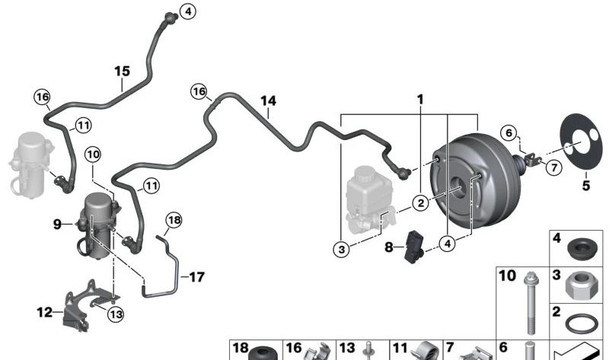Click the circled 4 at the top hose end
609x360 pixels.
[x=188, y=11]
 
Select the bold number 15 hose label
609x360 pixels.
[x=122, y=71]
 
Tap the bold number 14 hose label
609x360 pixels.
[x=268, y=101]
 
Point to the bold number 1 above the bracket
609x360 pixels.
[x=420, y=100]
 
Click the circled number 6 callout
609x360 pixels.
[x=509, y=133]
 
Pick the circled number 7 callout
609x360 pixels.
[x=554, y=167]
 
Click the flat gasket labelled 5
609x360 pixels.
[x=583, y=142]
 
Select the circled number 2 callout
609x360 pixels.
[x=421, y=202]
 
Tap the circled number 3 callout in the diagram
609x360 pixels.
[x=341, y=249]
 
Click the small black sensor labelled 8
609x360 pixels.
[x=413, y=246]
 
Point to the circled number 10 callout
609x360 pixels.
[x=93, y=155]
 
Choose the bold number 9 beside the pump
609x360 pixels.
[x=57, y=224]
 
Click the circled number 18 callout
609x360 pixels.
[x=174, y=220]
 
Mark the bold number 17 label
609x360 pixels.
[x=197, y=277]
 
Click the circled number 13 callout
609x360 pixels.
[x=116, y=314]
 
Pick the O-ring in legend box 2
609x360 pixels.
[x=580, y=323]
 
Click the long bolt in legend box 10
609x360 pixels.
[x=530, y=303]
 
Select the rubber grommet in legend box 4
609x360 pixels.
[x=582, y=249]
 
